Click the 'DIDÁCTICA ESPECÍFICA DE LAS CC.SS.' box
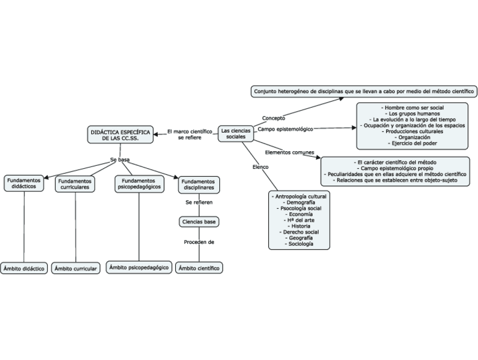pyautogui.click(x=120, y=134)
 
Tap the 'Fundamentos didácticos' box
pyautogui.click(x=24, y=183)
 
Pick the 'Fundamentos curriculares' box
pyautogui.click(x=75, y=185)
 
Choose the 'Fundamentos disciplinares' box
pyautogui.click(x=199, y=185)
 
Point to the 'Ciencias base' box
pyautogui.click(x=199, y=222)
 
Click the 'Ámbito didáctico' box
pyautogui.click(x=24, y=269)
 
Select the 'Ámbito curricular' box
pyautogui.click(x=76, y=269)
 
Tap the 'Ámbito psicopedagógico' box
pyautogui.click(x=139, y=268)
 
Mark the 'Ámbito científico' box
pyautogui.click(x=199, y=269)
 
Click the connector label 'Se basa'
pyautogui.click(x=120, y=160)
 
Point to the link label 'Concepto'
pyautogui.click(x=273, y=118)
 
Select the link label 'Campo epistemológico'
pyautogui.click(x=285, y=129)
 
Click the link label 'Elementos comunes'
pyautogui.click(x=289, y=152)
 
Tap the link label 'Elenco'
pyautogui.click(x=260, y=167)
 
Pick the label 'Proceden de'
pyautogui.click(x=199, y=242)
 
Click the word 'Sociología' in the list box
pyautogui.click(x=299, y=244)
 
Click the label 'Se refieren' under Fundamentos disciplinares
pyautogui.click(x=199, y=202)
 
